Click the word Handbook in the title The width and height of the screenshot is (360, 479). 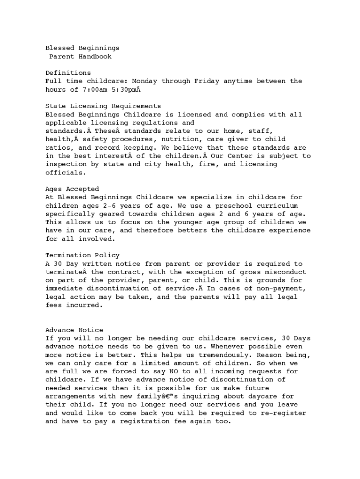pyautogui.click(x=95, y=57)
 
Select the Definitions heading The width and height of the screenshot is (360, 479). pyautogui.click(x=68, y=73)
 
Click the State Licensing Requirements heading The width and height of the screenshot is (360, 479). pyautogui.click(x=103, y=106)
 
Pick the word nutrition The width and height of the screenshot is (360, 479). pyautogui.click(x=190, y=139)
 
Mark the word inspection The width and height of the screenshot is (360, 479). pyautogui.click(x=66, y=164)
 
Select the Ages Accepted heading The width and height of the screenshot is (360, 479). pyautogui.click(x=72, y=189)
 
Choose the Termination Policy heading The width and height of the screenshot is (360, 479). pyautogui.click(x=82, y=255)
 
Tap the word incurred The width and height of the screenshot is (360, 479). pyautogui.click(x=84, y=305)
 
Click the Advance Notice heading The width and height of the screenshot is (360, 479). pyautogui.click(x=74, y=330)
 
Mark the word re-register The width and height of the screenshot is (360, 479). pyautogui.click(x=283, y=413)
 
